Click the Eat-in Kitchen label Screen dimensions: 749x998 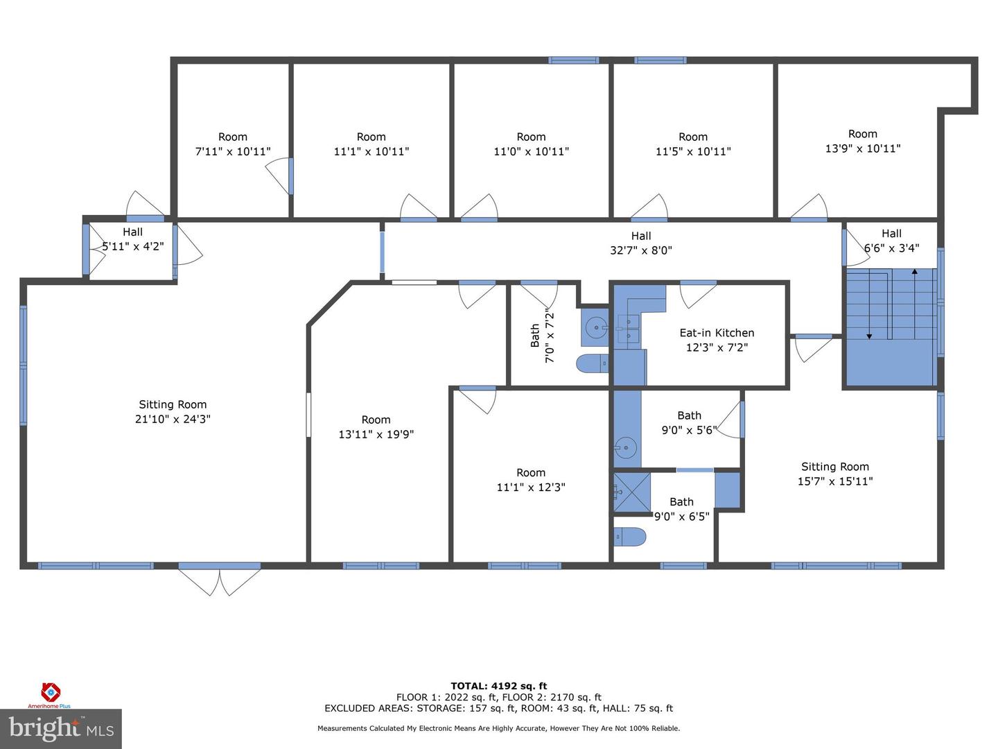[717, 333]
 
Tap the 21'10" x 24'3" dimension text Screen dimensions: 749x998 [173, 419]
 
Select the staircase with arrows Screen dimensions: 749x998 [891, 326]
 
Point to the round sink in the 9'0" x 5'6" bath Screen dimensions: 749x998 [626, 448]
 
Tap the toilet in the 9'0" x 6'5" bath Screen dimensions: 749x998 [630, 537]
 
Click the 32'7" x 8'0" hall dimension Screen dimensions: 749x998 [641, 250]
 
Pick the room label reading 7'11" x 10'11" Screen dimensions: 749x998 [233, 151]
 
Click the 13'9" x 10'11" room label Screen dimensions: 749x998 [863, 148]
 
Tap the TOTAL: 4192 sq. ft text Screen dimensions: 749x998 [499, 686]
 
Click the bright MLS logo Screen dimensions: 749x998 [61, 728]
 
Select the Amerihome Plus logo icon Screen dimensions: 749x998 [50, 692]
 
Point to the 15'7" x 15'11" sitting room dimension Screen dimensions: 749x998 [835, 481]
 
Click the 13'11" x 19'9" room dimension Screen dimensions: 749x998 [376, 434]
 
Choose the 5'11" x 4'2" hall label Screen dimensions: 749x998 [133, 246]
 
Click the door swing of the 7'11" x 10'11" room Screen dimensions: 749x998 [279, 176]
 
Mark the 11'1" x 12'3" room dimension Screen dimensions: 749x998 [531, 488]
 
